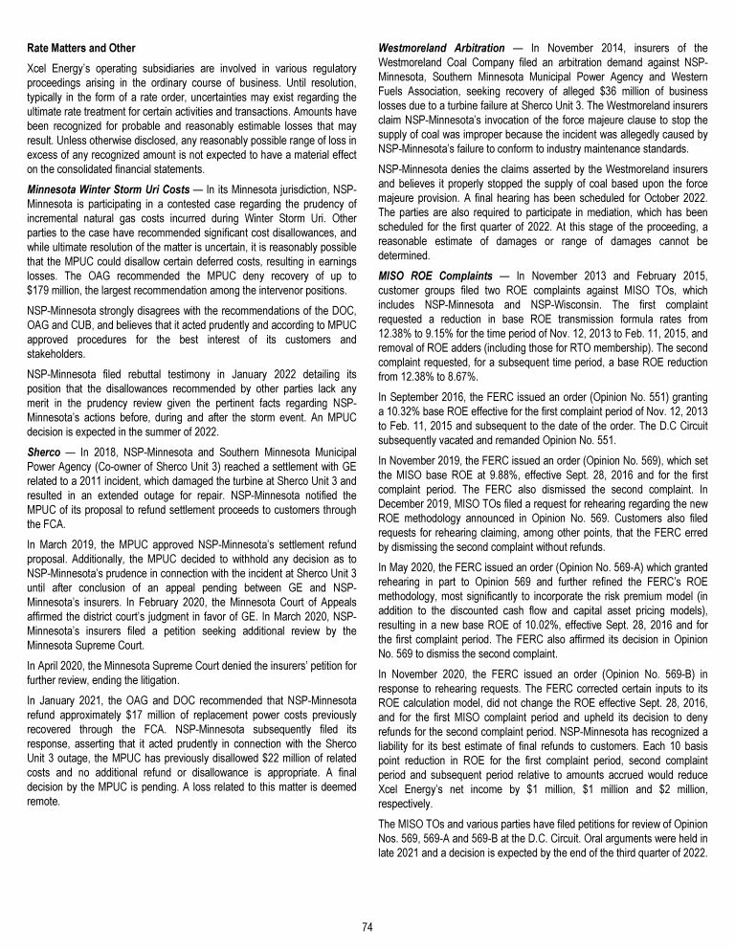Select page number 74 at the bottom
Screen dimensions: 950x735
pos(367,926)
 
